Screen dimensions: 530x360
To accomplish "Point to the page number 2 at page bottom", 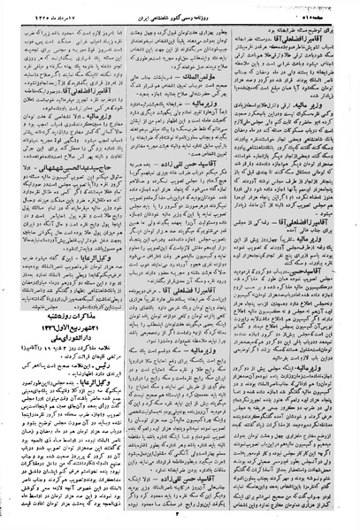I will click(177, 516).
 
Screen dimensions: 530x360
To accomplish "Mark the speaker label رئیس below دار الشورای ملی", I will click(114, 399).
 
